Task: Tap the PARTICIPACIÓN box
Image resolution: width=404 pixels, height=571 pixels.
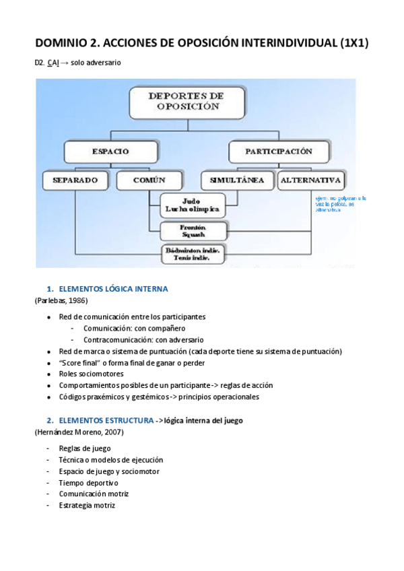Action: pyautogui.click(x=279, y=152)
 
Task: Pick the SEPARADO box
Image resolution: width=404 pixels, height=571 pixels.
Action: pyautogui.click(x=75, y=180)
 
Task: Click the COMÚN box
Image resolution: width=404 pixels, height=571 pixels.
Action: pyautogui.click(x=149, y=180)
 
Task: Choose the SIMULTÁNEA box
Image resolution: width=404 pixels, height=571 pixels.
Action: pyautogui.click(x=237, y=180)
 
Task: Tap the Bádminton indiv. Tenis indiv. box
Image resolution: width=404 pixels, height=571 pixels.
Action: pyautogui.click(x=193, y=253)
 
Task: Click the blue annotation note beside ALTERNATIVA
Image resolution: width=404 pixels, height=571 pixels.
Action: pyautogui.click(x=341, y=204)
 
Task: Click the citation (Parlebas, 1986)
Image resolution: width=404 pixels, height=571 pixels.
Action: pyautogui.click(x=61, y=300)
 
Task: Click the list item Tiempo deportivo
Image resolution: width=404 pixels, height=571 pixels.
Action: pyautogui.click(x=88, y=483)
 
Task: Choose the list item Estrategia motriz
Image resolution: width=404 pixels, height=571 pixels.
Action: pyautogui.click(x=87, y=506)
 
